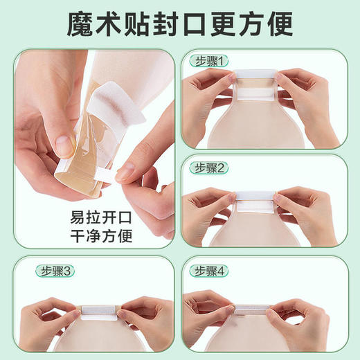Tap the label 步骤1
tap(206, 62)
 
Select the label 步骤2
tap(206, 168)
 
